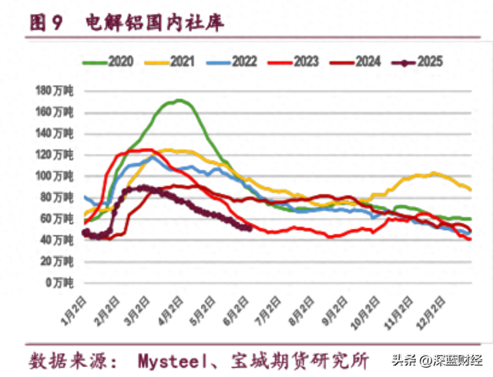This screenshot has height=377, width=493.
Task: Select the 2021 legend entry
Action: (x=170, y=61)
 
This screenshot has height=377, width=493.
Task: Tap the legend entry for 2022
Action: (x=232, y=61)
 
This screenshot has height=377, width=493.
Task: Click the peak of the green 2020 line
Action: (x=179, y=100)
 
